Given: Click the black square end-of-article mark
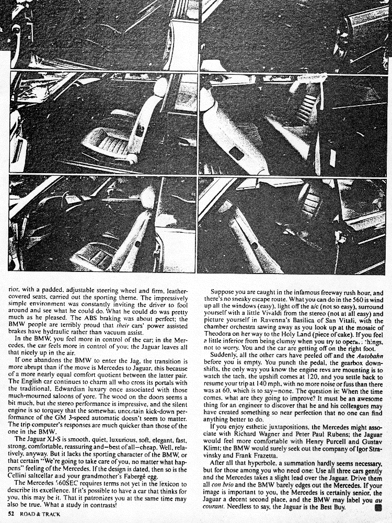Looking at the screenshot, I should point(385,507).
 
